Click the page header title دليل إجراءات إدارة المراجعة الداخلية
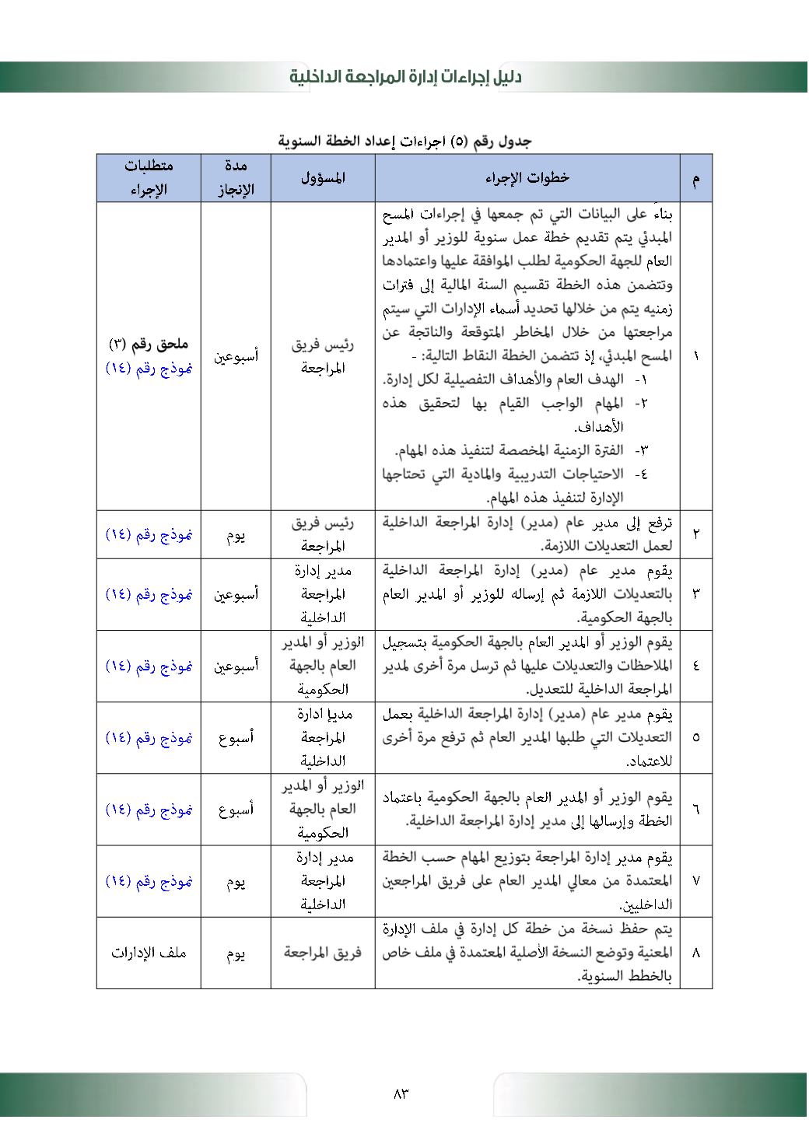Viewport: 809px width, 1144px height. (x=404, y=77)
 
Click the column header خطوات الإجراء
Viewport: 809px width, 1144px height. (x=527, y=178)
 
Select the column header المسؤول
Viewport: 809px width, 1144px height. (x=323, y=178)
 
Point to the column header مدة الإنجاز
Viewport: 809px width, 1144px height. (x=236, y=178)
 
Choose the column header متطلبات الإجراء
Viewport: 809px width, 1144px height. (x=149, y=178)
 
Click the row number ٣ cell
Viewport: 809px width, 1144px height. (x=695, y=594)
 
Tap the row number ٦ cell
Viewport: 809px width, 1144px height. (x=695, y=810)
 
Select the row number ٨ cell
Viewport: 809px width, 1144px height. (x=695, y=953)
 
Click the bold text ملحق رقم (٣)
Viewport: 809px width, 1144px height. (x=149, y=344)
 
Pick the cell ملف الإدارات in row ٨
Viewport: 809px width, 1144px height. (x=149, y=953)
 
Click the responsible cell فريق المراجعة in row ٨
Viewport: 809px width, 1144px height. (x=323, y=953)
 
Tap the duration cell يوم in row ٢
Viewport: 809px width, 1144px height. (x=236, y=535)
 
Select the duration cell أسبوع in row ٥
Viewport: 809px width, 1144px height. (x=236, y=738)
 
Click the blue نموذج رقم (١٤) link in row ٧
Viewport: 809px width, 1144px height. (x=149, y=882)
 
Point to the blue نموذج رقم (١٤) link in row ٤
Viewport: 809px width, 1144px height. (x=149, y=666)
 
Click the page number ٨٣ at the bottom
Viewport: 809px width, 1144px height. (x=401, y=1093)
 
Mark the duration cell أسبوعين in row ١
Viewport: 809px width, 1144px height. (x=236, y=356)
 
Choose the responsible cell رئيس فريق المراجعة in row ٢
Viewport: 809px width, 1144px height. (x=323, y=535)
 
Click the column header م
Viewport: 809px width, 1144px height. (x=695, y=178)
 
